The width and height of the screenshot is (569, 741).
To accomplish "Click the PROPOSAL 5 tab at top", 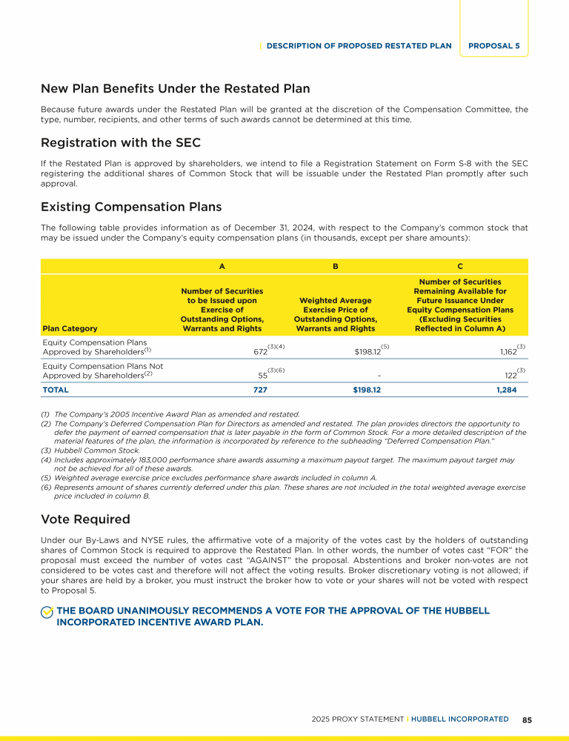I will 493,45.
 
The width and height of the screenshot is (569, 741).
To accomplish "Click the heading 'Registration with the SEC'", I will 121,142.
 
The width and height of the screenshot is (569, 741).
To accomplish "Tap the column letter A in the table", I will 222,265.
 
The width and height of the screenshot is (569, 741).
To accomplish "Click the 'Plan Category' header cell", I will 70,328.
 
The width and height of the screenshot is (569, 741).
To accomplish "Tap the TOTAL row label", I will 56,389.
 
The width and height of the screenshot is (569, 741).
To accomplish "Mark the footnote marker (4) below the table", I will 46,459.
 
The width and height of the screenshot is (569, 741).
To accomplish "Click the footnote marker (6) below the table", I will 46,487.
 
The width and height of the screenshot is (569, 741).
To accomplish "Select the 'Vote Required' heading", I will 85,519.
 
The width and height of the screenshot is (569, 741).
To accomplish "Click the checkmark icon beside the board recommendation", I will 47,611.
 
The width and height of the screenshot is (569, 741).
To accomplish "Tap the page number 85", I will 527,719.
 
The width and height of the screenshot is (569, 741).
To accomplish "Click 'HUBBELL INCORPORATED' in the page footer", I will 460,719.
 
